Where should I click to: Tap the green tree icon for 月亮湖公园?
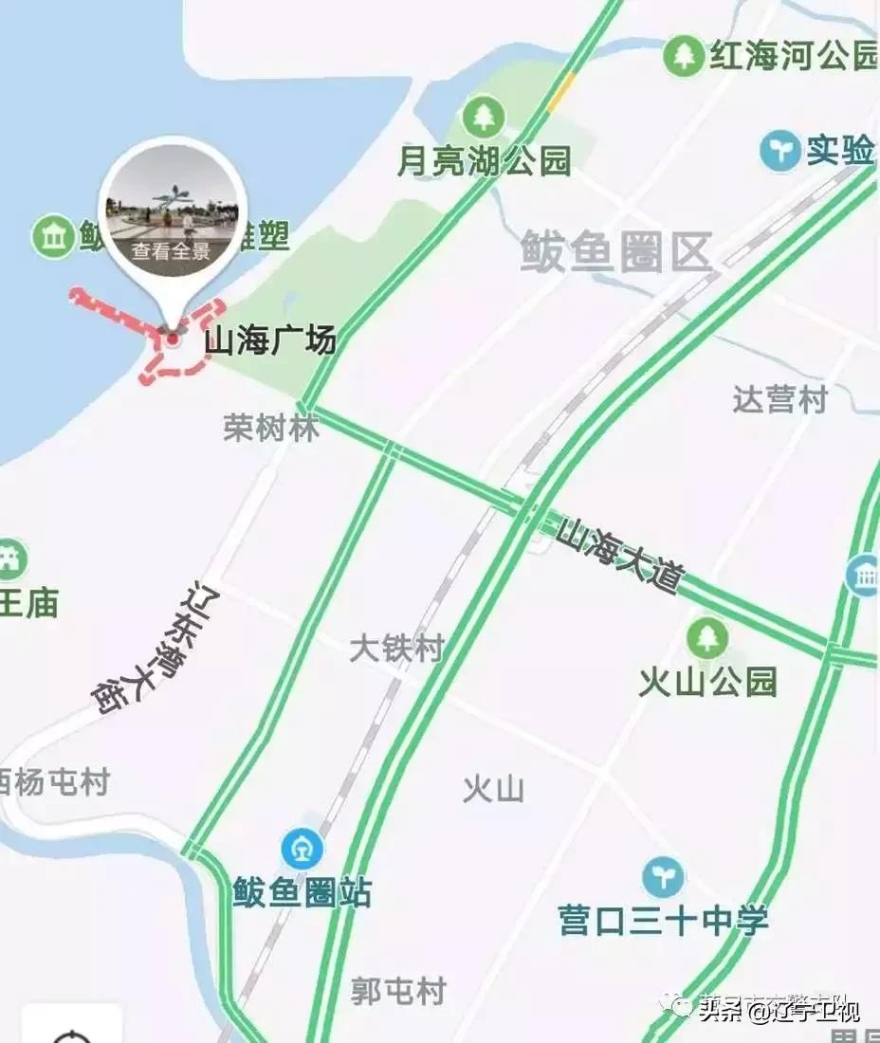coord(485,118)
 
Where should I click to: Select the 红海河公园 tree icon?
coord(683,56)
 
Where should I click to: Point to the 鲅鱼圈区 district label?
coord(616,254)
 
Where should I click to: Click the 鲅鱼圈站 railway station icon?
coord(302,849)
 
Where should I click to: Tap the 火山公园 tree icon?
coord(707,637)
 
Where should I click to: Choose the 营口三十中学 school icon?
coord(663,877)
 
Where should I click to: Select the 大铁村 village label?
coord(396,650)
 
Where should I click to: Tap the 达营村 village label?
coord(779,399)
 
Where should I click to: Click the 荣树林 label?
coord(271,428)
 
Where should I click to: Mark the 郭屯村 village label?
coord(398,992)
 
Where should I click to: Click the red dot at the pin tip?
coord(173,339)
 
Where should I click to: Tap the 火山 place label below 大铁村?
coord(493,789)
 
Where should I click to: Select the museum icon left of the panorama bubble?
coord(53,236)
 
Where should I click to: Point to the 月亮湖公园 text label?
coord(485,162)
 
